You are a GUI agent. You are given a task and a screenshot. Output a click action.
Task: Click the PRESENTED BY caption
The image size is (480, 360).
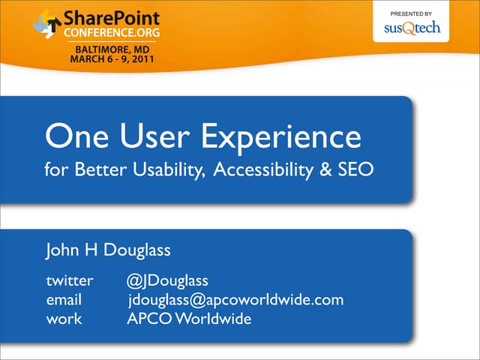(412, 13)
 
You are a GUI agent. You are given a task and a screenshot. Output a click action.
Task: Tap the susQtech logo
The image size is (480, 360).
(412, 28)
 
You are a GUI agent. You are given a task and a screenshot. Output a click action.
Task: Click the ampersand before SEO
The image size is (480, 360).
(325, 171)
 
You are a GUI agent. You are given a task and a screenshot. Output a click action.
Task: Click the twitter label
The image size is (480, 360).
(70, 281)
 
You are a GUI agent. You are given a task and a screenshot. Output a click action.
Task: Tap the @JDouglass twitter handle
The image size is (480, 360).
(167, 281)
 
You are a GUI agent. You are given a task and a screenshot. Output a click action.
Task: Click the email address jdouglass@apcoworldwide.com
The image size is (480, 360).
(235, 301)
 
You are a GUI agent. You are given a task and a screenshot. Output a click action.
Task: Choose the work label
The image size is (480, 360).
(64, 319)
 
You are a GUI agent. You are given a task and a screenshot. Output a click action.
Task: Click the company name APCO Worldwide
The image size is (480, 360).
(189, 319)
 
